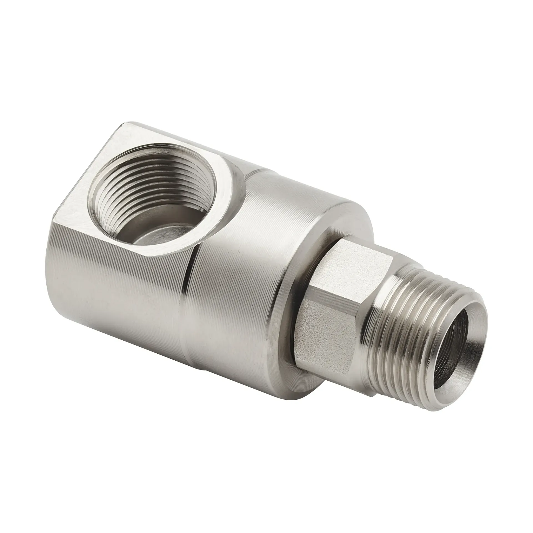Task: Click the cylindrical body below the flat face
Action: tap(111, 278)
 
